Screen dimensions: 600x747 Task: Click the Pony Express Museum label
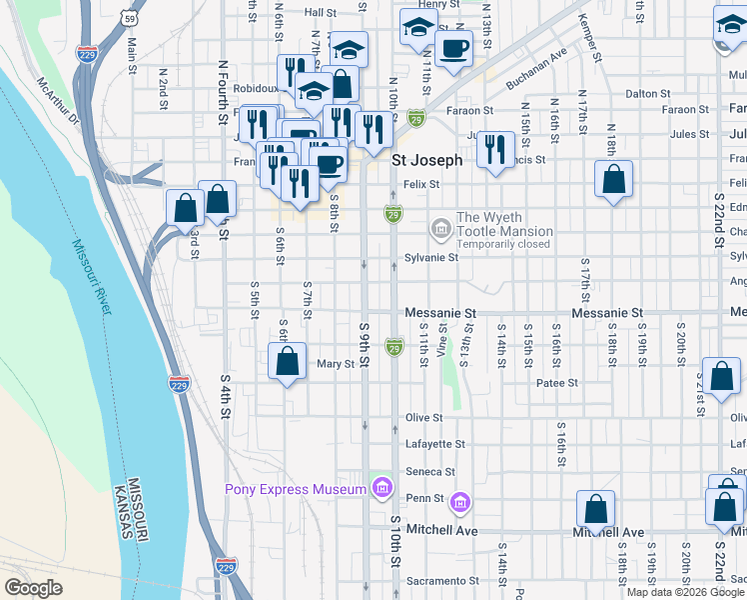(x=296, y=489)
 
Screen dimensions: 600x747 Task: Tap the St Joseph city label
(x=426, y=160)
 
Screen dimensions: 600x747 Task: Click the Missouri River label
(x=91, y=277)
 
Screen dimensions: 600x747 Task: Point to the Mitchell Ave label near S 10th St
(x=442, y=530)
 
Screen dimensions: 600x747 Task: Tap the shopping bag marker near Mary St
(x=287, y=362)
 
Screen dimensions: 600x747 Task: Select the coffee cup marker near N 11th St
(x=452, y=48)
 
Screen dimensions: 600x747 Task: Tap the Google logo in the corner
(x=33, y=587)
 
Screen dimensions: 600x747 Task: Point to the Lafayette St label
(x=434, y=444)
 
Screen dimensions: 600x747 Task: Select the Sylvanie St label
(x=430, y=257)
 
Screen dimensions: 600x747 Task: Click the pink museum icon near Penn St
(x=459, y=500)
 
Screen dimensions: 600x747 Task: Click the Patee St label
(x=557, y=383)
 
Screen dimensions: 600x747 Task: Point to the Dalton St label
(x=647, y=93)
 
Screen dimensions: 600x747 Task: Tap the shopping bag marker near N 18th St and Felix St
(x=613, y=180)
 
